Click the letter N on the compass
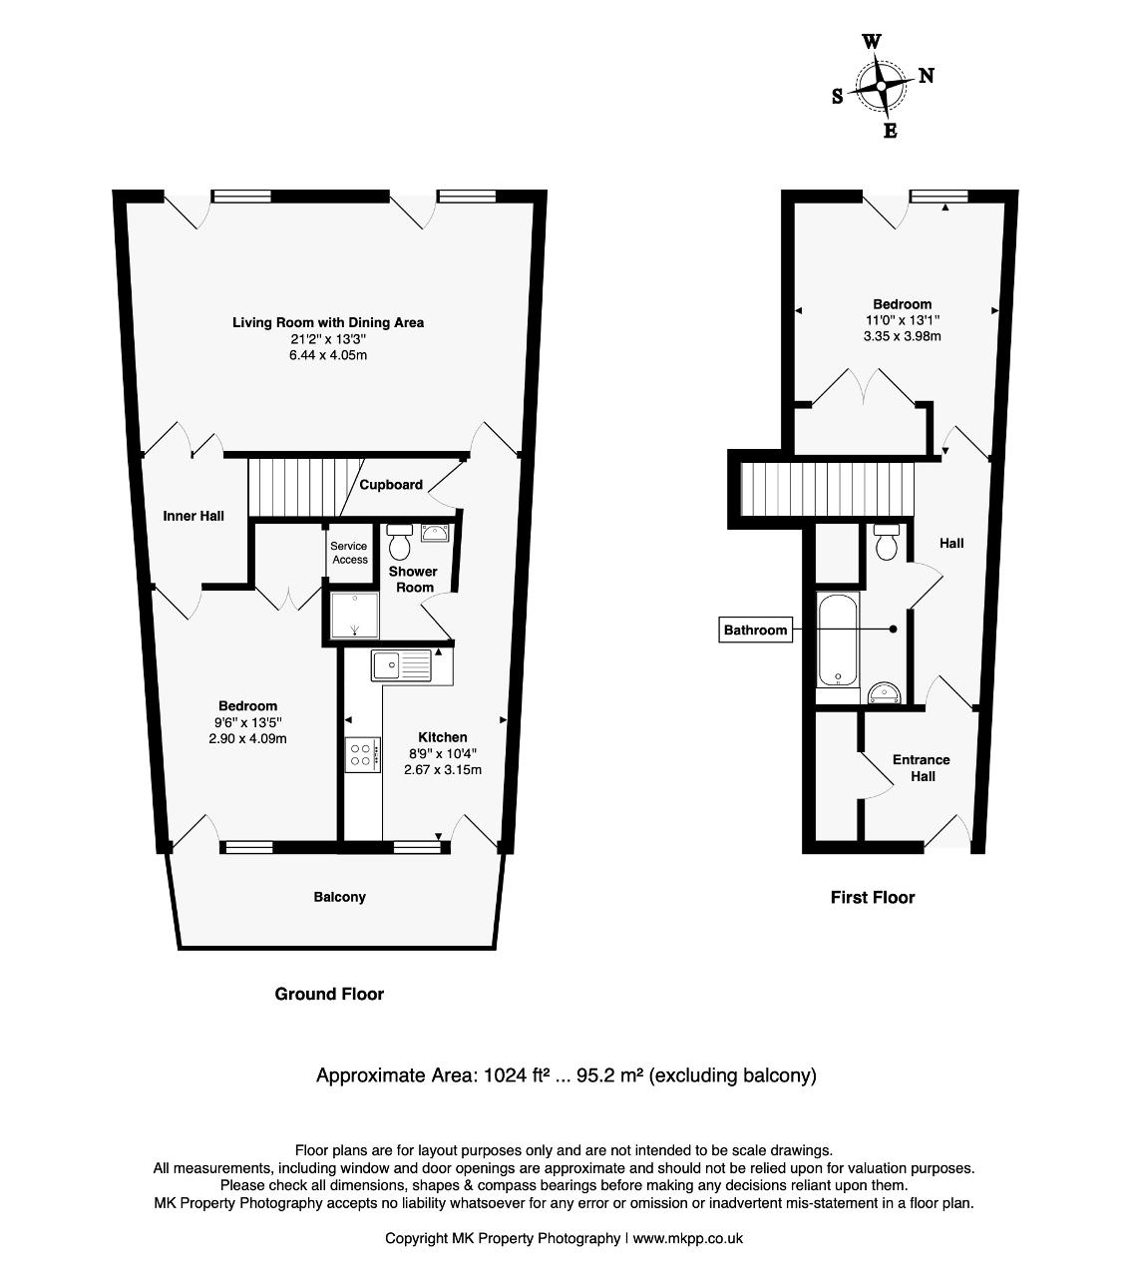tap(926, 76)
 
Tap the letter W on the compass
tap(871, 42)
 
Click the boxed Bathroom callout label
tap(755, 630)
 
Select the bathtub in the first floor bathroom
tap(838, 639)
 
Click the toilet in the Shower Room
tap(400, 541)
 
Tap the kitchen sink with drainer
tap(401, 665)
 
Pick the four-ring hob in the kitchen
tap(362, 755)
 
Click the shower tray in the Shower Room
tap(355, 615)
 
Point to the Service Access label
tap(349, 553)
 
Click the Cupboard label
tap(391, 485)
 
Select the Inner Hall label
tap(193, 516)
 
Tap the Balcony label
tap(340, 897)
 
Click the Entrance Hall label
tap(922, 768)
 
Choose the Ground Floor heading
tap(329, 994)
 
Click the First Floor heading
tap(873, 898)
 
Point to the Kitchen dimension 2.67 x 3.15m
tap(442, 769)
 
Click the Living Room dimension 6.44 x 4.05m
tap(328, 355)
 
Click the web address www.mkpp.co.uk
tap(688, 1238)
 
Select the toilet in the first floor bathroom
tap(887, 542)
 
